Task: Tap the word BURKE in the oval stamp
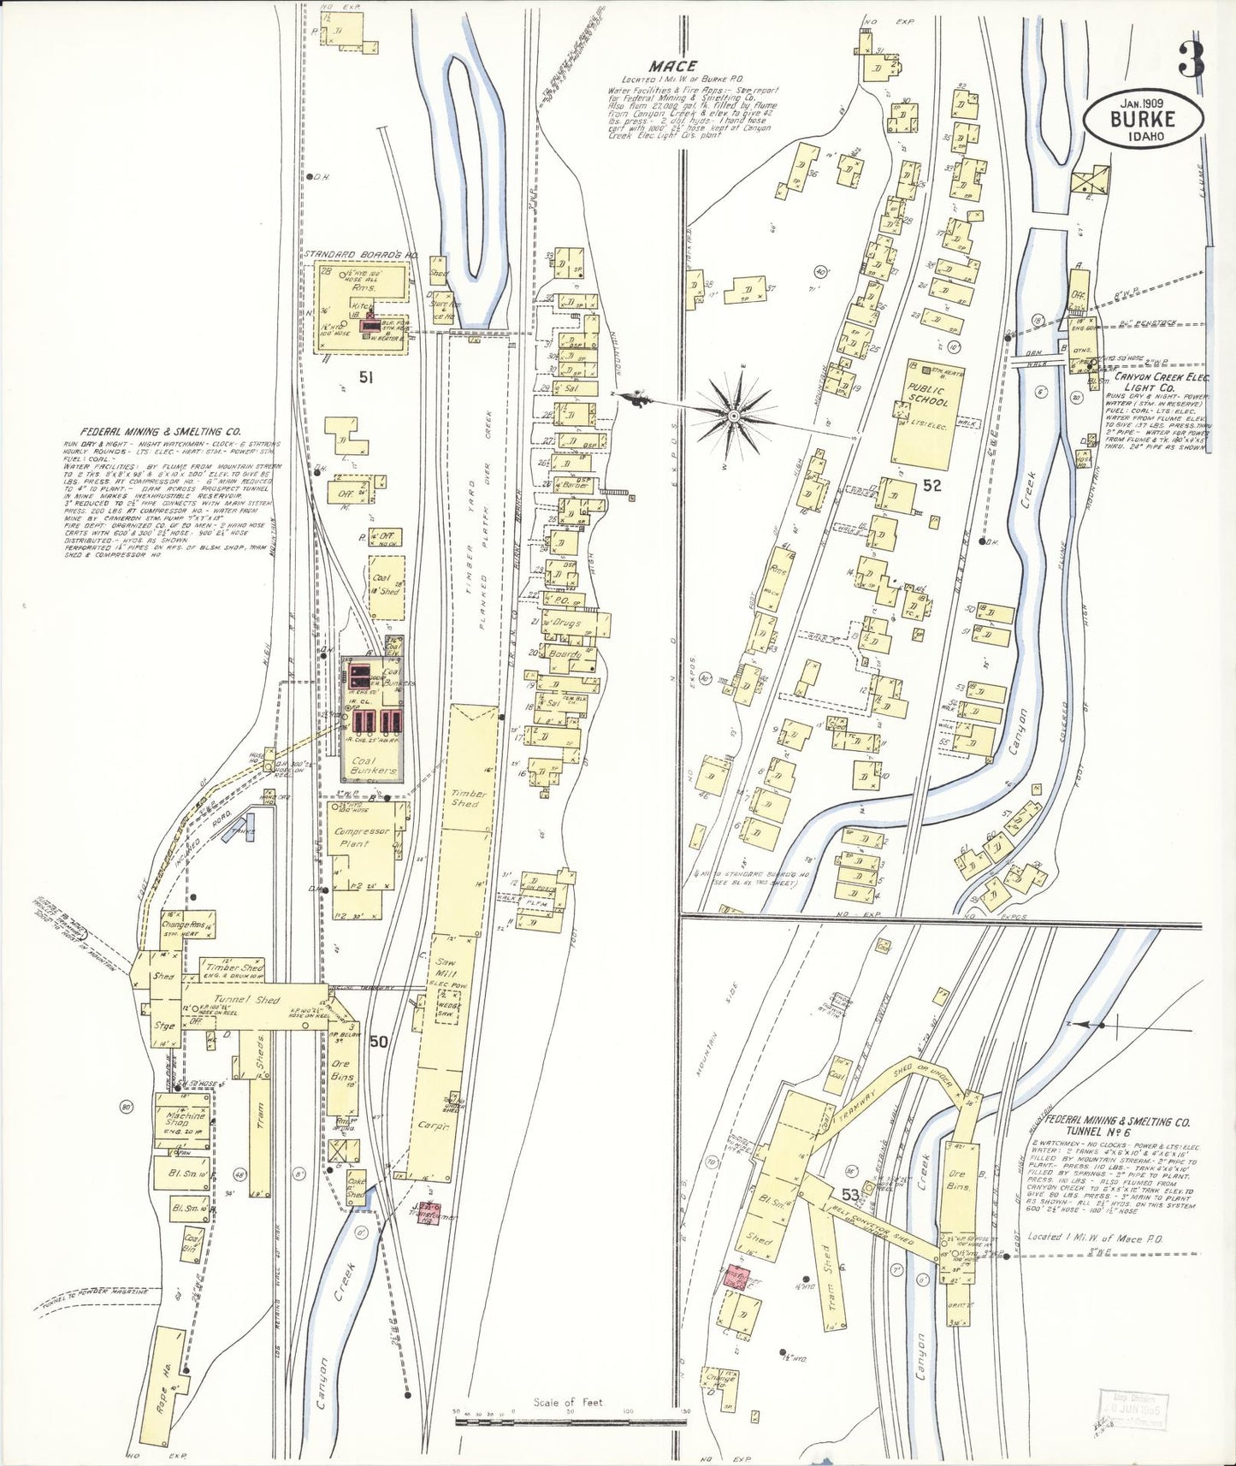pyautogui.click(x=1143, y=120)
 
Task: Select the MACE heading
pyautogui.click(x=672, y=65)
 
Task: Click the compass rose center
pyautogui.click(x=734, y=415)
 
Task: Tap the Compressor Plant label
pyautogui.click(x=362, y=836)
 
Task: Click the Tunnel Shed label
pyautogui.click(x=246, y=1000)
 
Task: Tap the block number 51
pyautogui.click(x=367, y=375)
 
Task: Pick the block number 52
pyautogui.click(x=931, y=485)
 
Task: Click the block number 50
pyautogui.click(x=378, y=1042)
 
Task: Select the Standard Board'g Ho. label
pyautogui.click(x=361, y=254)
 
